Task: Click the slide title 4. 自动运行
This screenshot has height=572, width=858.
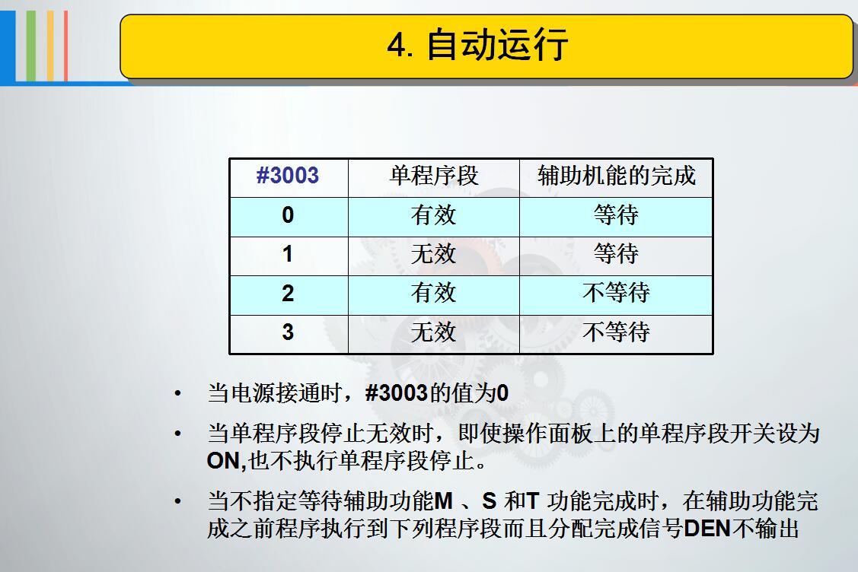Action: pyautogui.click(x=477, y=44)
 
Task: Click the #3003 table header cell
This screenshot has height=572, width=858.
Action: pyautogui.click(x=288, y=176)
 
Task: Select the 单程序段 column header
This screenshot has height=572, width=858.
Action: pyautogui.click(x=434, y=176)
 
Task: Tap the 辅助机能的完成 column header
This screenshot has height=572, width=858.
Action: pyautogui.click(x=616, y=176)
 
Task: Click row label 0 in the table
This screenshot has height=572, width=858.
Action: pyautogui.click(x=288, y=215)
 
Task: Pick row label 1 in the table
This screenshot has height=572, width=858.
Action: pyautogui.click(x=288, y=254)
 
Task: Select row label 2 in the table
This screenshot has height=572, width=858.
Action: pyautogui.click(x=288, y=294)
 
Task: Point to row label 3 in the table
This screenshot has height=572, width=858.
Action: pyautogui.click(x=288, y=332)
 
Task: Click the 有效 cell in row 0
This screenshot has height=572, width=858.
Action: pyautogui.click(x=433, y=215)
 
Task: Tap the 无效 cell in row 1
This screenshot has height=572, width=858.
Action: pyautogui.click(x=433, y=254)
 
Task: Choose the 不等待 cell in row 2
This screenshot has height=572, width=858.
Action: pyautogui.click(x=616, y=293)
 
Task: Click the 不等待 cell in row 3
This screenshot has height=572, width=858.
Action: pyautogui.click(x=616, y=332)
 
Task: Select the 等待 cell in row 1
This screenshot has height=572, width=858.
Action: pyautogui.click(x=616, y=254)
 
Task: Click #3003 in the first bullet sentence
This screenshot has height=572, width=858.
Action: pyautogui.click(x=396, y=393)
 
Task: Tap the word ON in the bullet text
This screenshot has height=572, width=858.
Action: pyautogui.click(x=224, y=461)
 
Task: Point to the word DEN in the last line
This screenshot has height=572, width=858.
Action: pyautogui.click(x=707, y=529)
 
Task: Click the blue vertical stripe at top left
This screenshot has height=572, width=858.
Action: pyautogui.click(x=8, y=46)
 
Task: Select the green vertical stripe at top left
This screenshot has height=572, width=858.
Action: pyautogui.click(x=31, y=46)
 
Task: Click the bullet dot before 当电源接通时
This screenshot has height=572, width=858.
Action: pyautogui.click(x=177, y=394)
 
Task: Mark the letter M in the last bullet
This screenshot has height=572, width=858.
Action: pyautogui.click(x=443, y=501)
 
